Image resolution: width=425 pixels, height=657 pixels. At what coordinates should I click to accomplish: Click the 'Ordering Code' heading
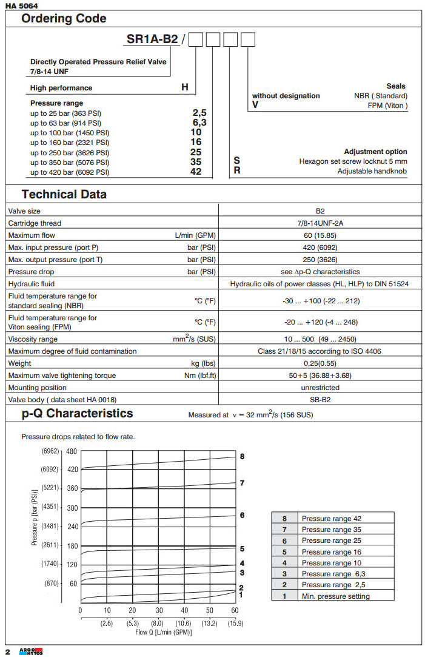[64, 18]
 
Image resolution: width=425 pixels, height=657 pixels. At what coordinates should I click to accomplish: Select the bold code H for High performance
[185, 87]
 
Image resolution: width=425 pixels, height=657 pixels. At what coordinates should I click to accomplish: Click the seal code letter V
[255, 105]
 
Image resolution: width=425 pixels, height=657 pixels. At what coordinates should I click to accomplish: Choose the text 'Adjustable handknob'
[372, 171]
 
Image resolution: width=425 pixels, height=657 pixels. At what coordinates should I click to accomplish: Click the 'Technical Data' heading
[64, 195]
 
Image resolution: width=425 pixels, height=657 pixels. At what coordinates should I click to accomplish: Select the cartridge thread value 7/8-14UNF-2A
[320, 223]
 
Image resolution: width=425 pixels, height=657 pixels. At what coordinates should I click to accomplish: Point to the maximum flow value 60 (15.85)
[320, 235]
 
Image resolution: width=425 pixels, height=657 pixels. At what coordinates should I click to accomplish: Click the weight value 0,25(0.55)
[320, 363]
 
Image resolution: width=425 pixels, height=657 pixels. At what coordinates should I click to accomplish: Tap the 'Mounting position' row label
[38, 388]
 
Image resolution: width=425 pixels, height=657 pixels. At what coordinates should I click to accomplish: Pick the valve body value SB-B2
[320, 399]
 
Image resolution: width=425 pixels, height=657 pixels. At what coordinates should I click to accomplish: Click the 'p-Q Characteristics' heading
[77, 414]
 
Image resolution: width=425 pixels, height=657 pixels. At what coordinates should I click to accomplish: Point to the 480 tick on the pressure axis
[72, 451]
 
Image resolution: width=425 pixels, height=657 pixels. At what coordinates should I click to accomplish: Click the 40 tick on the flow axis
[184, 610]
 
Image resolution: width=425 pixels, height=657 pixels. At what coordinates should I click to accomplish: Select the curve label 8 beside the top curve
[242, 456]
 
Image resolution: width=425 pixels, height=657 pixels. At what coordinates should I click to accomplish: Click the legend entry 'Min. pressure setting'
[335, 596]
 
